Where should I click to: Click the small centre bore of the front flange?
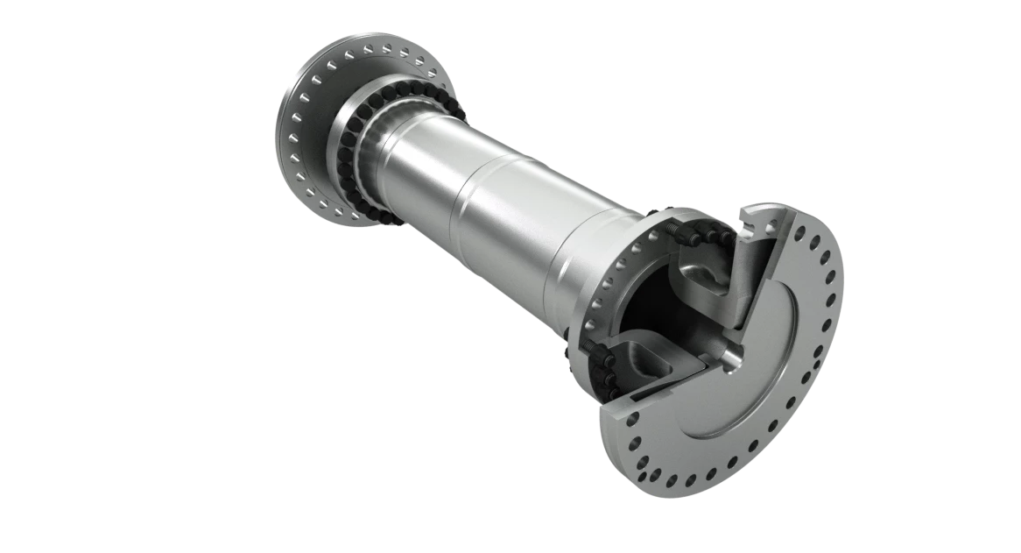coord(732,356)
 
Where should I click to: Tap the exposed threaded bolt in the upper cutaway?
coord(682,230)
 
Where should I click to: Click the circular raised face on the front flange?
coord(771,368)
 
